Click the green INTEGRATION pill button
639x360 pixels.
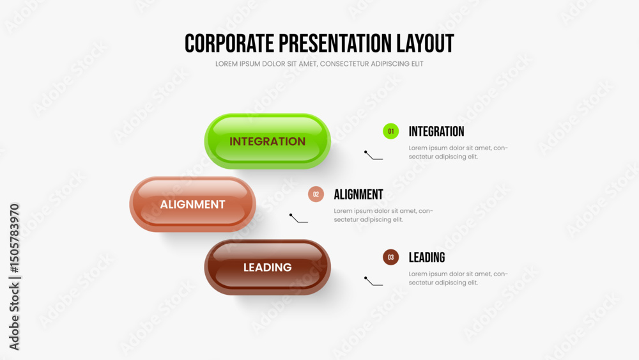[267, 141]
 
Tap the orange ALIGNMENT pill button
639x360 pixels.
[192, 204]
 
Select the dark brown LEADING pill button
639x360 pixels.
[267, 267]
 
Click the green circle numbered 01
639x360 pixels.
[390, 131]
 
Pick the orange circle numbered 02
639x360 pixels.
[316, 194]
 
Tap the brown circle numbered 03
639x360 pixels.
[390, 257]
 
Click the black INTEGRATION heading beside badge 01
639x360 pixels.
[436, 132]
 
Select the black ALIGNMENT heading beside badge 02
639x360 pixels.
[358, 194]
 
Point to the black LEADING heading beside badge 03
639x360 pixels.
[427, 257]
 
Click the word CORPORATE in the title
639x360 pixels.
[229, 43]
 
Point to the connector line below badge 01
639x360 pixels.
[373, 155]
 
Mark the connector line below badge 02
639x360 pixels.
[298, 218]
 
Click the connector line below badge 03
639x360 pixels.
[373, 281]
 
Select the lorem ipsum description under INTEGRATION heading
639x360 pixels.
[458, 152]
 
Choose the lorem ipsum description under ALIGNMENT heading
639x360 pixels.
[383, 215]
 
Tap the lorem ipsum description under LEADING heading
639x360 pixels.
[458, 278]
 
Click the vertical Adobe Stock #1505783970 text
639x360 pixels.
[14, 277]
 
